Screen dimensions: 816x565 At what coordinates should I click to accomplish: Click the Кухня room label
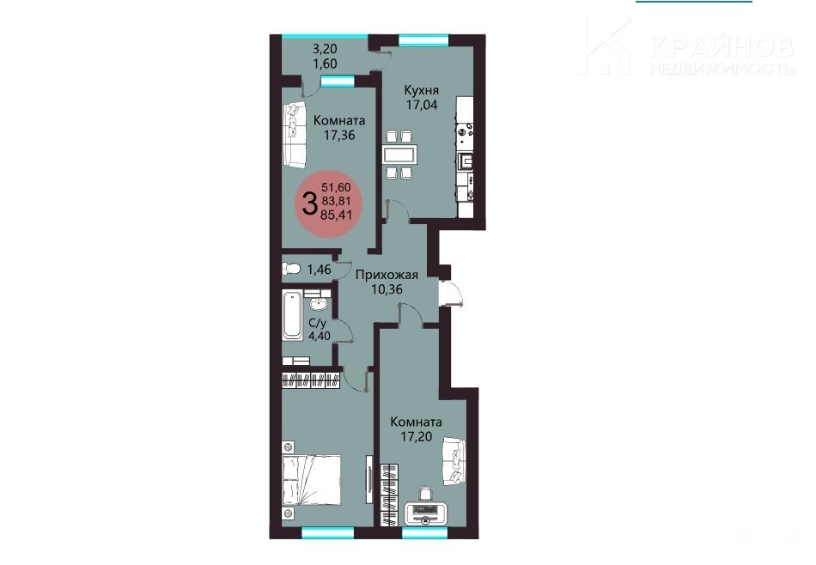pyautogui.click(x=421, y=90)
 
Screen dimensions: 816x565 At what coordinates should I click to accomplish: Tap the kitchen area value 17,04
pyautogui.click(x=422, y=105)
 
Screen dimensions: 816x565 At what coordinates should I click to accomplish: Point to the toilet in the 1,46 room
pyautogui.click(x=291, y=269)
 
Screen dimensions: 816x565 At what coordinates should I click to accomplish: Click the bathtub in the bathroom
pyautogui.click(x=292, y=315)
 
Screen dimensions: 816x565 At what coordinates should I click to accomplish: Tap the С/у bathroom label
pyautogui.click(x=318, y=323)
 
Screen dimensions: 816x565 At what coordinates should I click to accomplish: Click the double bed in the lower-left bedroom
pyautogui.click(x=312, y=481)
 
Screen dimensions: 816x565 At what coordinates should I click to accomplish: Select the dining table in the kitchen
pyautogui.click(x=399, y=155)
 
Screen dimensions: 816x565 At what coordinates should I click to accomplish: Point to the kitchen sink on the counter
pyautogui.click(x=465, y=161)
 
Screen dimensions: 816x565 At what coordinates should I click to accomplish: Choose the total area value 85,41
pyautogui.click(x=336, y=214)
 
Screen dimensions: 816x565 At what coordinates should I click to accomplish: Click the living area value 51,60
pyautogui.click(x=336, y=187)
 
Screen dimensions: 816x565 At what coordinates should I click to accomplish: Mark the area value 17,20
pyautogui.click(x=417, y=436)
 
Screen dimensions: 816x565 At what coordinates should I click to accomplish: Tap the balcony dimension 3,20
pyautogui.click(x=325, y=49)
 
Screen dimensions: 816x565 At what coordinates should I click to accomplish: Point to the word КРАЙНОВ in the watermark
pyautogui.click(x=722, y=47)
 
